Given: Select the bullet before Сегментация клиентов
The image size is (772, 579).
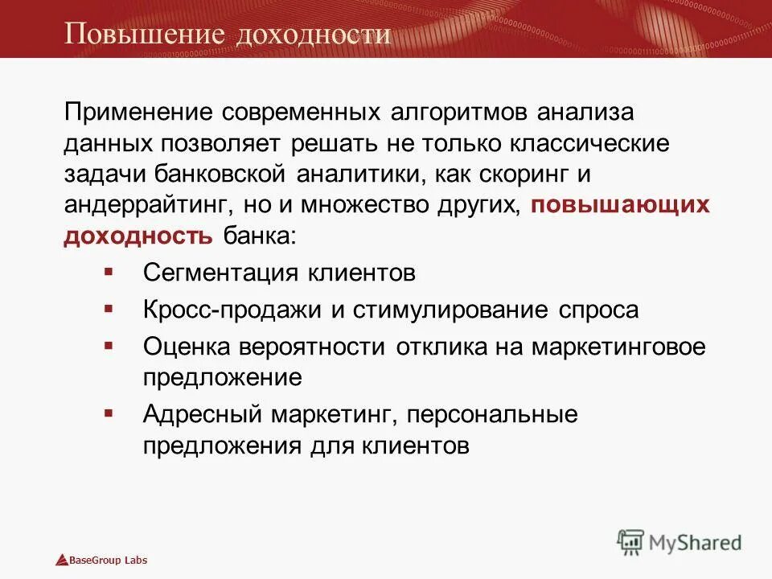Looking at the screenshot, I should click(x=109, y=271).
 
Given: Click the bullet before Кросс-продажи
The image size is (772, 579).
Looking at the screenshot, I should click(x=109, y=309).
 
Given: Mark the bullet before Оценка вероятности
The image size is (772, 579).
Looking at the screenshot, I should click(x=109, y=346).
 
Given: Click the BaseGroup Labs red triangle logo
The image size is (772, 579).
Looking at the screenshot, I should click(x=60, y=560).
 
